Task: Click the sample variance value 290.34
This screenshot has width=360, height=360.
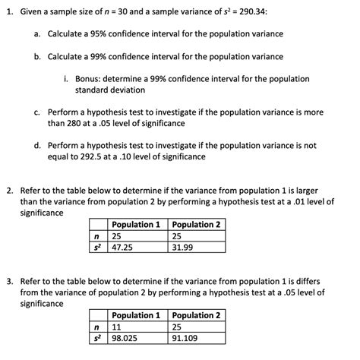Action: point(229,13)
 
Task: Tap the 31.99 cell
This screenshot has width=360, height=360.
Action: point(184,247)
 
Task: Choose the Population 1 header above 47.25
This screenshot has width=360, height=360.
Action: point(136,225)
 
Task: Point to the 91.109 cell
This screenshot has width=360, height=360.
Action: point(187,338)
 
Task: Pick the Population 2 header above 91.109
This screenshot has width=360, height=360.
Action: point(197,315)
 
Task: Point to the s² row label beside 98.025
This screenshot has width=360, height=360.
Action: point(96,338)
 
